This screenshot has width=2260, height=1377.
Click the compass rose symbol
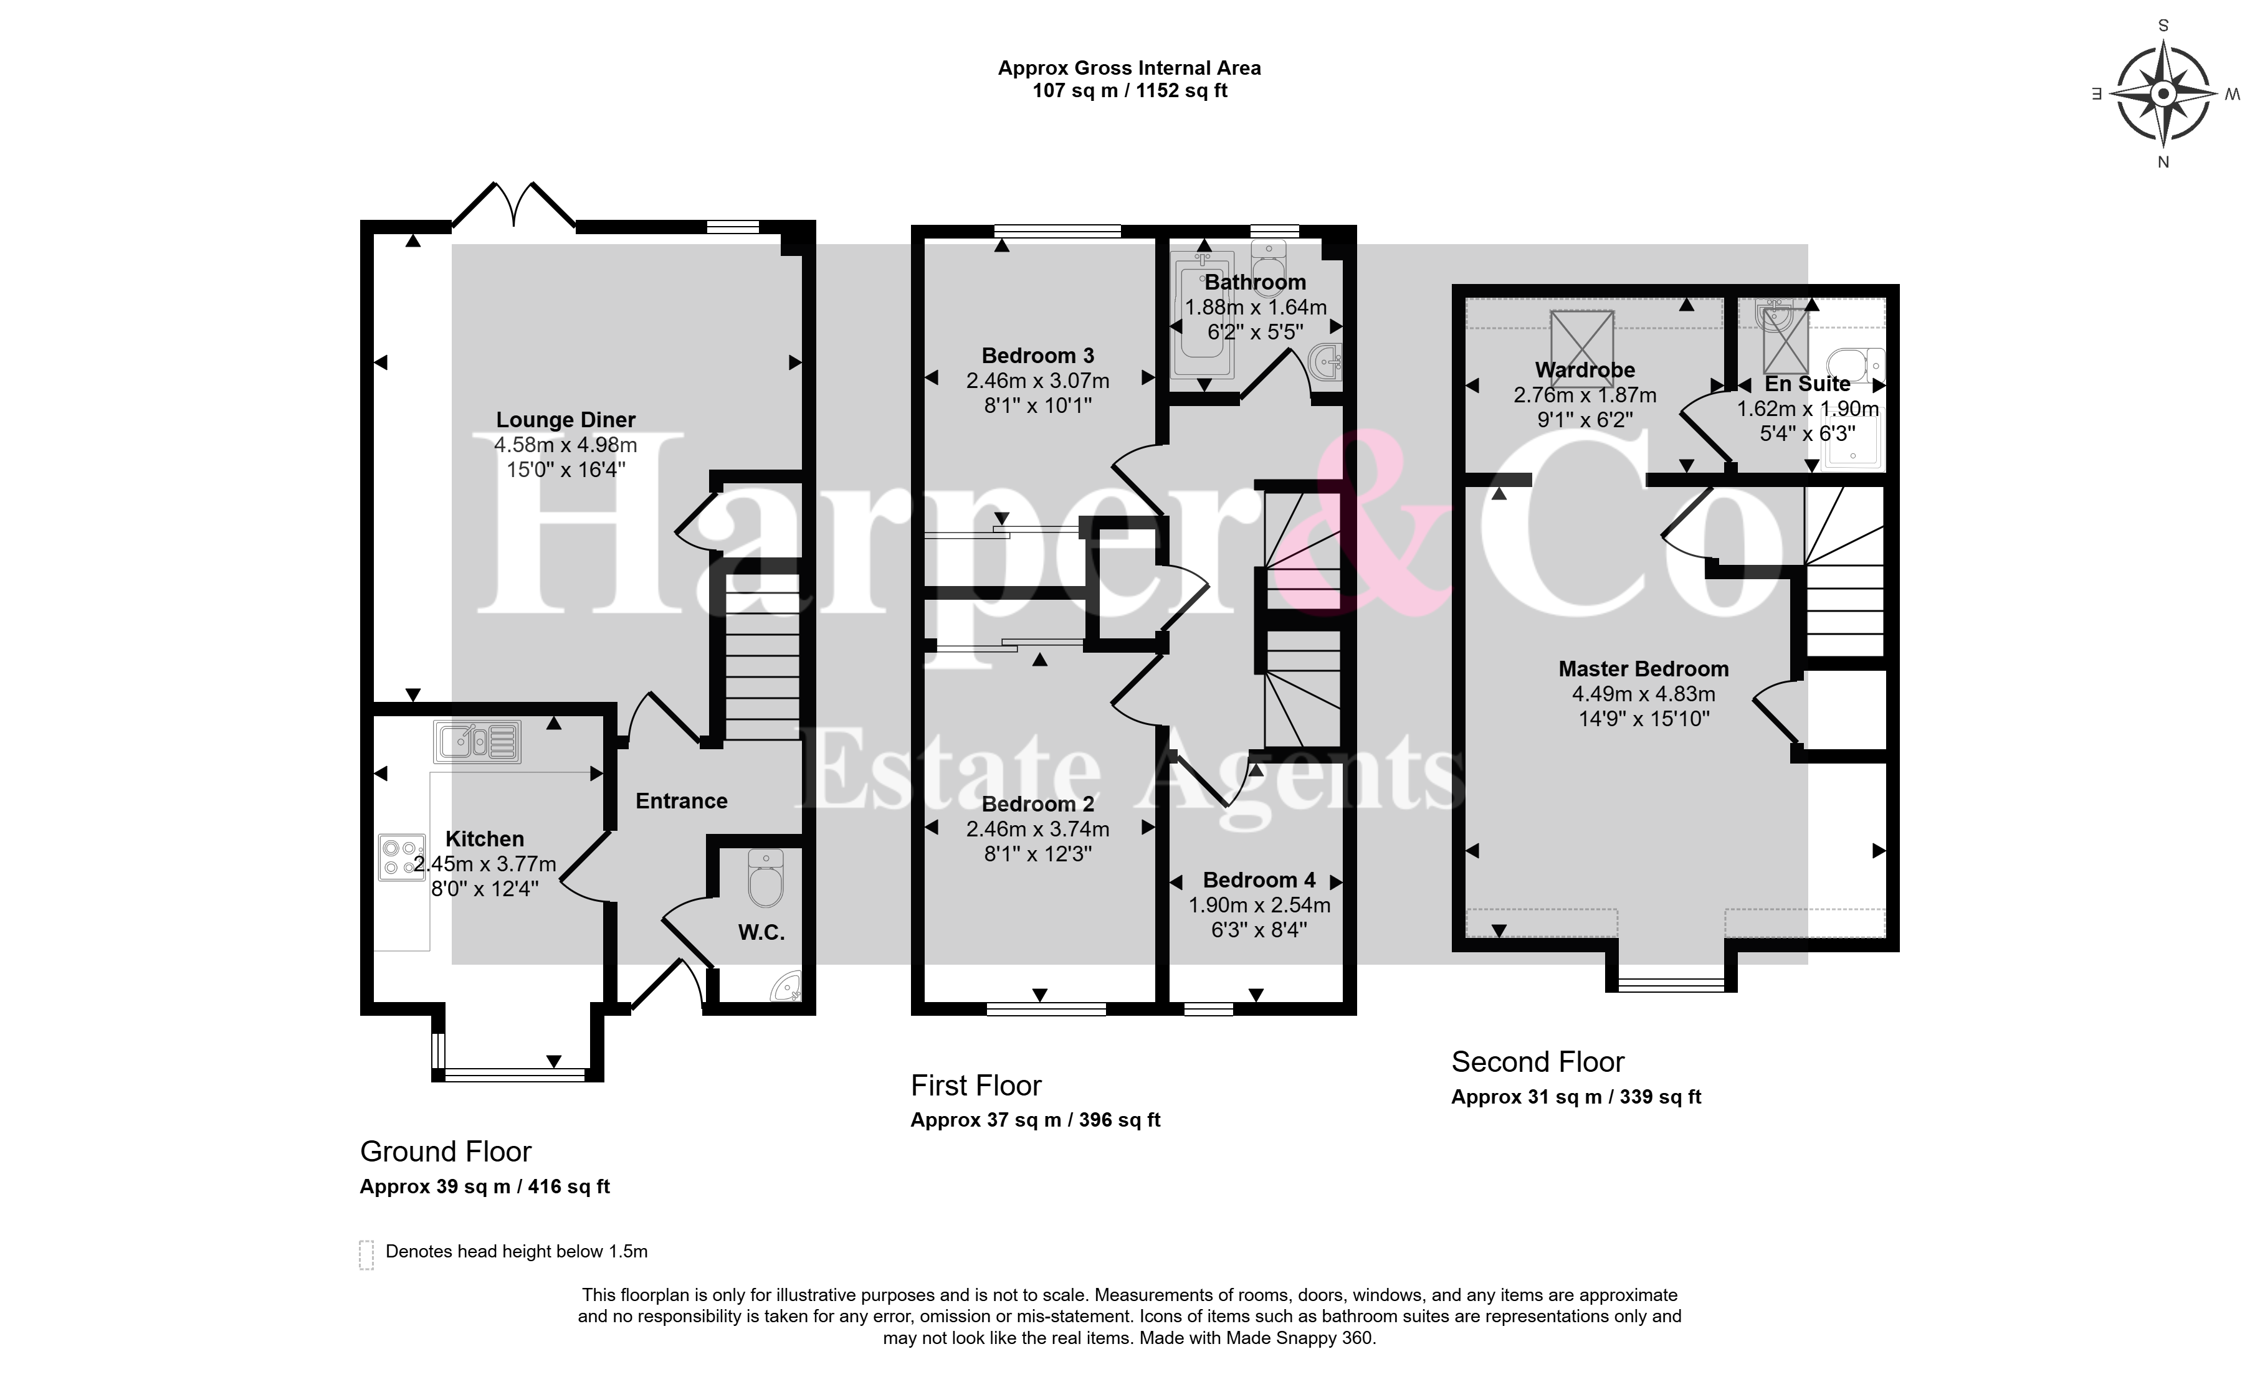click(2163, 95)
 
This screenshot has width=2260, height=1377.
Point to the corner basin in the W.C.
click(787, 987)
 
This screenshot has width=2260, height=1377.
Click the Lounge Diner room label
click(566, 420)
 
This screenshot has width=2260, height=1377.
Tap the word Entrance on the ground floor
click(682, 802)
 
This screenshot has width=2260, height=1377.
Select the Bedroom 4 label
click(1259, 880)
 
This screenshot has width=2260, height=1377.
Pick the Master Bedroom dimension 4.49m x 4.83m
click(1644, 694)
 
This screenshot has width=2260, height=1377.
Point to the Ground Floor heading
click(446, 1152)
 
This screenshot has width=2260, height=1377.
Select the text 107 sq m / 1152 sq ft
click(1130, 91)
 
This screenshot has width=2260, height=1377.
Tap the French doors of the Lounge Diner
click(515, 204)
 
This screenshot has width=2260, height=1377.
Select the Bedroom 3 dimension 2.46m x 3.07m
click(1037, 381)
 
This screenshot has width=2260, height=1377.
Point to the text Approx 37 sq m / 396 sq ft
click(1036, 1120)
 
